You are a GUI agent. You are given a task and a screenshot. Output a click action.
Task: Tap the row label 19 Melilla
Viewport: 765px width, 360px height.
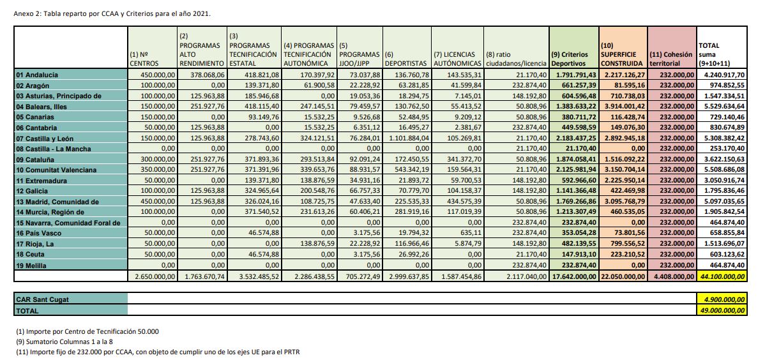33,266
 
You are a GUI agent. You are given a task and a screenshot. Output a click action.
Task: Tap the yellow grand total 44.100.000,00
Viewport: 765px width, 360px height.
722,276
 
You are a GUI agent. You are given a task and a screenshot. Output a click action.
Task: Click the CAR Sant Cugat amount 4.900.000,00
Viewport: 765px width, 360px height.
723,299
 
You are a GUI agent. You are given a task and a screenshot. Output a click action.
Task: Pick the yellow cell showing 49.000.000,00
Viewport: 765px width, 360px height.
722,310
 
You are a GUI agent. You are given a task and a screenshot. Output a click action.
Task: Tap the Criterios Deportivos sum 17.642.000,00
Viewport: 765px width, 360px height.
574,276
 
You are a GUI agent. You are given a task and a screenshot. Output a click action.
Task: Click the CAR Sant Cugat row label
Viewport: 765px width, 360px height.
38,299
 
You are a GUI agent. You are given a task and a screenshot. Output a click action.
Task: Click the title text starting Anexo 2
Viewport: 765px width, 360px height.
112,13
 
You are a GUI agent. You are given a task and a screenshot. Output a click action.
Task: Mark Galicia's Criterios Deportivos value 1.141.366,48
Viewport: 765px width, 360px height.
576,191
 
